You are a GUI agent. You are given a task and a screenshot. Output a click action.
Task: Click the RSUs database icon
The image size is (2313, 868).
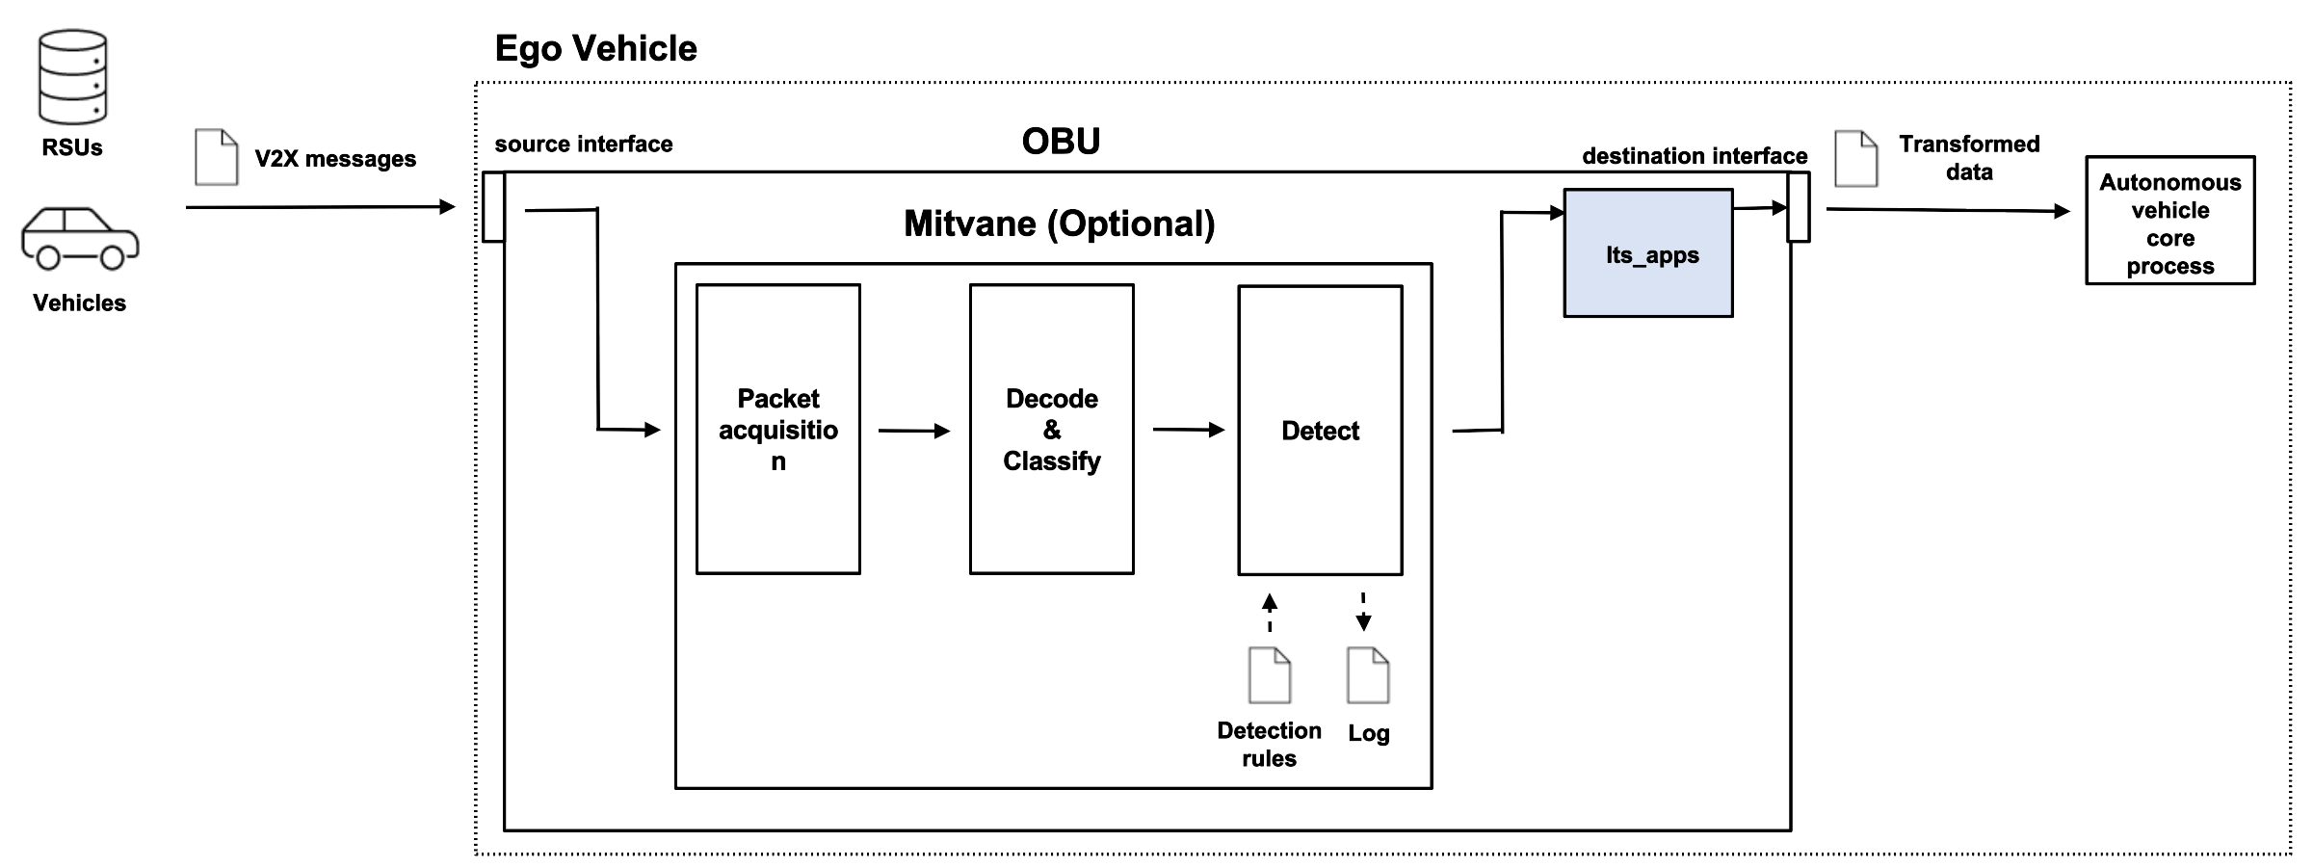point(72,77)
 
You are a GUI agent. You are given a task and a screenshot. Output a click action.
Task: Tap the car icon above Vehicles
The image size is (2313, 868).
point(80,238)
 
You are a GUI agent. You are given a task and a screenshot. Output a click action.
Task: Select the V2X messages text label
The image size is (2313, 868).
point(335,159)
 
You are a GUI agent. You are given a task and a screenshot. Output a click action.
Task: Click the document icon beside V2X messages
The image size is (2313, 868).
point(216,157)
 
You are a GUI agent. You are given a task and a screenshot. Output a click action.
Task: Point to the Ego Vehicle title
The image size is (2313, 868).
point(595,48)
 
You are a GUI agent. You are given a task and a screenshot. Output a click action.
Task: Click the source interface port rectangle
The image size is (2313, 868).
point(493,207)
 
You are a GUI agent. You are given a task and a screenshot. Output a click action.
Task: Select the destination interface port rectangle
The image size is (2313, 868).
point(1798,207)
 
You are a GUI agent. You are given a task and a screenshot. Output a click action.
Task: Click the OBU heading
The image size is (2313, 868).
point(1061,142)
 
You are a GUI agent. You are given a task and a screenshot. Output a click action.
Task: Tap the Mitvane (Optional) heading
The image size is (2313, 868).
point(1059,224)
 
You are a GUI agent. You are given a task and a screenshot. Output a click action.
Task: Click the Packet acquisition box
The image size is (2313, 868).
point(777,430)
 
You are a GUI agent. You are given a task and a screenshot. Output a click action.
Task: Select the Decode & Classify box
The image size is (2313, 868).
point(1051,430)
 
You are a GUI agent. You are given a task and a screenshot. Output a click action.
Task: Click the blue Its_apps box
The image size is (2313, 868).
point(1647,253)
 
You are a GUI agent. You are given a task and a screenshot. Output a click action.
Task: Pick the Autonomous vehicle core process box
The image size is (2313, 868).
point(2169,222)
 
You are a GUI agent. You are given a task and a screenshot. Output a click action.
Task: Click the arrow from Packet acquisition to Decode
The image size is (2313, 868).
point(913,431)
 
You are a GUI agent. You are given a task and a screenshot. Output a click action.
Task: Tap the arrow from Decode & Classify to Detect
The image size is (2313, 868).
point(1188,430)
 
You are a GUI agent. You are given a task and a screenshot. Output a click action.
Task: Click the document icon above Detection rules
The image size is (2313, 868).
point(1269,675)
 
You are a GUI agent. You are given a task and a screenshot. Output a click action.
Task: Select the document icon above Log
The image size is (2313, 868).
point(1367,675)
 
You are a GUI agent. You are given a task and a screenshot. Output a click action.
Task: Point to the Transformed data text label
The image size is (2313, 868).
point(1968,158)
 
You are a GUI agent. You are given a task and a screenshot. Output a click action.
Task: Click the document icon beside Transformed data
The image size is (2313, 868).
point(1855,159)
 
